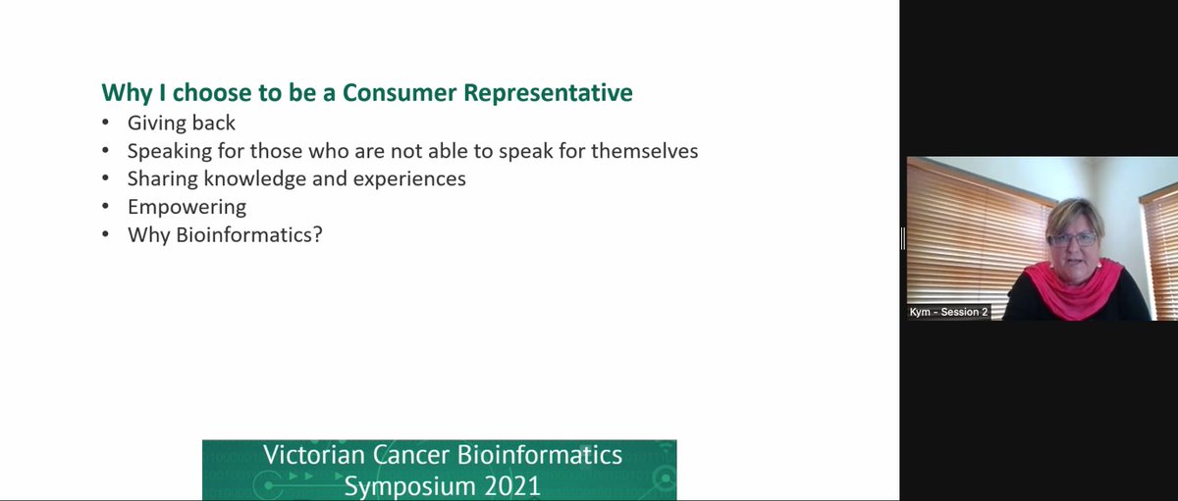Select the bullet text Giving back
coord(182,125)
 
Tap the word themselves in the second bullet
coord(644,152)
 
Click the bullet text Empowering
coord(187,208)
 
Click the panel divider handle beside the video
coord(902,238)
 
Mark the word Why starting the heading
coord(124,93)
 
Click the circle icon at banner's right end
coord(665,479)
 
